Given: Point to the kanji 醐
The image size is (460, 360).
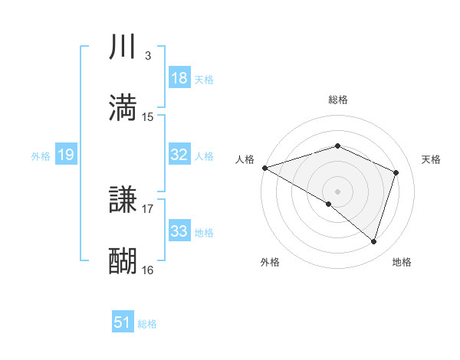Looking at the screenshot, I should coord(123,260).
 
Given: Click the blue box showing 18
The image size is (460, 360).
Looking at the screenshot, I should coord(179,78).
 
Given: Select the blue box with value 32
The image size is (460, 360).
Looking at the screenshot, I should coord(179,155).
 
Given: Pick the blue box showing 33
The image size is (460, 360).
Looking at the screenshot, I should coord(179,231).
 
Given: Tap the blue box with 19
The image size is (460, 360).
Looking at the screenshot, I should coord(65,155).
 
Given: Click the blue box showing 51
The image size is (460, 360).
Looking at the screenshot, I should coord(123,323).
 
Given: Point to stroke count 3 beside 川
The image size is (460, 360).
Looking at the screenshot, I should coord(147,56).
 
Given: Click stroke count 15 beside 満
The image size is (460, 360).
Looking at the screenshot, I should coord(148,116).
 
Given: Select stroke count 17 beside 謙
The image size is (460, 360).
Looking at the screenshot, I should coord(148,208).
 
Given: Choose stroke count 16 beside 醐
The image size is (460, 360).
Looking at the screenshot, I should coord(148,270).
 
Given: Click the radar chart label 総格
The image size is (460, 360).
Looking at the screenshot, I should coord(337,100).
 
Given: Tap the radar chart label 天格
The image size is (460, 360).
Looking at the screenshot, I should coord(432,159).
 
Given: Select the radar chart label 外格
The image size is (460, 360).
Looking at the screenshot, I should coord(270,262).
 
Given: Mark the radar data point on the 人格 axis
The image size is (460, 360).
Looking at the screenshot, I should coord(264,168).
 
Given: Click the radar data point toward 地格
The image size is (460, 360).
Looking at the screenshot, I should coord(374,241).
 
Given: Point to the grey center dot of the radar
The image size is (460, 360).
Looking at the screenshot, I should coord(337,191).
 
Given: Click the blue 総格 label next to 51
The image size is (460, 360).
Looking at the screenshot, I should coord(147,324).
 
